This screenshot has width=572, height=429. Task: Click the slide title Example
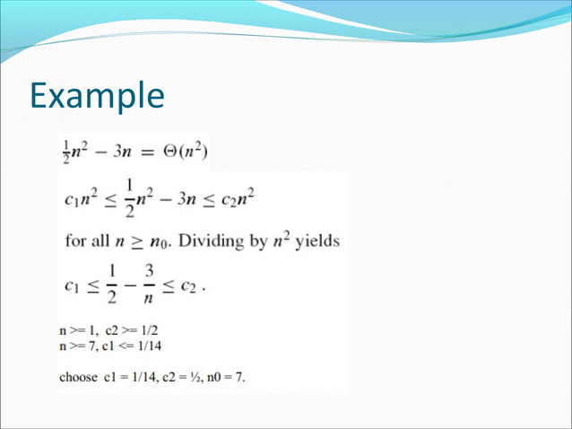pyautogui.click(x=97, y=96)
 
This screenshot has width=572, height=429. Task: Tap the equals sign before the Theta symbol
pyautogui.click(x=145, y=150)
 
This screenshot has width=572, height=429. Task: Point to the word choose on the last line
pyautogui.click(x=78, y=377)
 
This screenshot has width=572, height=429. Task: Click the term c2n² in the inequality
pyautogui.click(x=238, y=197)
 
